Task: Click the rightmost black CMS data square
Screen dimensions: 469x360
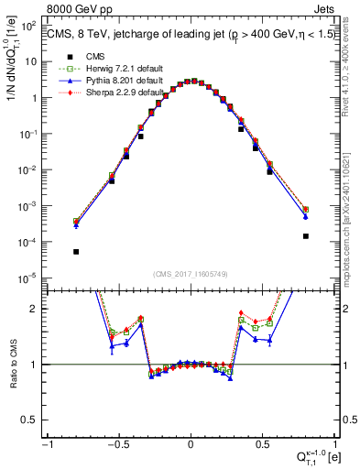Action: tap(305, 236)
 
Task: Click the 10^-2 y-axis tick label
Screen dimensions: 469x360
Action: tap(31, 170)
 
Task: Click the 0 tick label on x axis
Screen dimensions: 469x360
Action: tap(191, 443)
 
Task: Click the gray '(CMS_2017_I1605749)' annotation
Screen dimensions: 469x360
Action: tap(191, 275)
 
